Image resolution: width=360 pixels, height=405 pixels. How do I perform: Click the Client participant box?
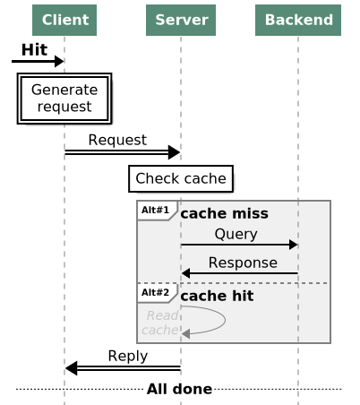[64, 20]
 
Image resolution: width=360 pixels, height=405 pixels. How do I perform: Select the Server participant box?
[180, 20]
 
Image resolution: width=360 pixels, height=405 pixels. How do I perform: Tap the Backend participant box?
[297, 20]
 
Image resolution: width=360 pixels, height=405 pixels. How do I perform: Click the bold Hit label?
[34, 49]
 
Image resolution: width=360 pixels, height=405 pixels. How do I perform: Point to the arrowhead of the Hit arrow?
[59, 62]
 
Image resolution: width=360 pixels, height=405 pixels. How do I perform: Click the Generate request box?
[64, 99]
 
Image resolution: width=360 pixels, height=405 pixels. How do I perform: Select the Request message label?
[117, 140]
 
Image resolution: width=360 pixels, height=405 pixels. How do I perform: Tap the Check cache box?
[181, 179]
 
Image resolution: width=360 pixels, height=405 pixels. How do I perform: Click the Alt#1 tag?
[155, 211]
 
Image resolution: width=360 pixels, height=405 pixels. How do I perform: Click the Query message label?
[236, 234]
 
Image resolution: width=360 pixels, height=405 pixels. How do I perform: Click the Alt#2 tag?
[155, 292]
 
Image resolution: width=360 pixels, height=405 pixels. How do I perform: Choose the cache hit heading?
[217, 296]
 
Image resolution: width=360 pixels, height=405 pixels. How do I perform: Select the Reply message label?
[127, 356]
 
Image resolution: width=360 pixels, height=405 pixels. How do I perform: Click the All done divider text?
[179, 389]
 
